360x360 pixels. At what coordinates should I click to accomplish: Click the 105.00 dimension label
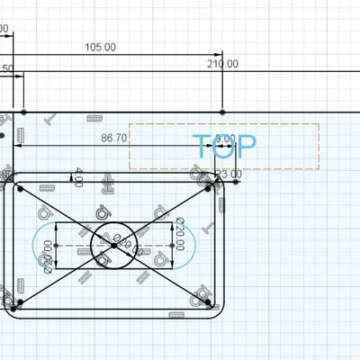100,47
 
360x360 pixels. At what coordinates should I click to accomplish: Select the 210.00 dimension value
222,63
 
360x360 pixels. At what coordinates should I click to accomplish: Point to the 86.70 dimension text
114,138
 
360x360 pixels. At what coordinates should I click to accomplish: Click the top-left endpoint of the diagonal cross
21,188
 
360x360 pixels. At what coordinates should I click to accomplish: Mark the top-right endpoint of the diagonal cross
209,188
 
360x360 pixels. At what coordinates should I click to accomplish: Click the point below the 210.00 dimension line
222,112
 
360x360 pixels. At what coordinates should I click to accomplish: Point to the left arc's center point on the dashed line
57,245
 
